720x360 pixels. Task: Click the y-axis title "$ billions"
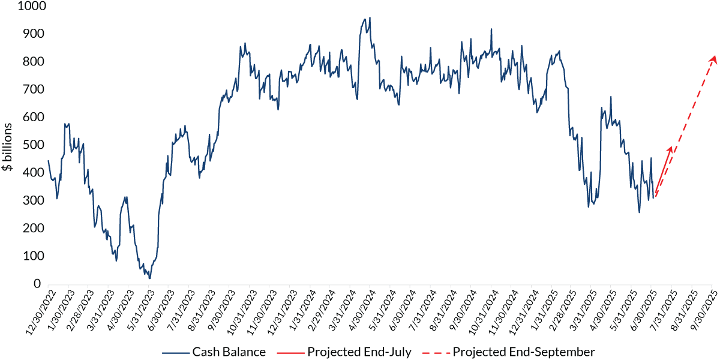click(x=8, y=146)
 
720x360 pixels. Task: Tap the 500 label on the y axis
click(x=29, y=145)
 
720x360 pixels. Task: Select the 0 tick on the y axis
click(x=37, y=284)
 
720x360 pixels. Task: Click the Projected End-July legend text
click(x=359, y=352)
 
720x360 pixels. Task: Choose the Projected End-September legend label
click(x=524, y=352)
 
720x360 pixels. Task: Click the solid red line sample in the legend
click(x=287, y=352)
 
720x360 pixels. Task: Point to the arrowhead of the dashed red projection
click(x=714, y=56)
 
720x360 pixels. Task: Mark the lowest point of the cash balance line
click(x=149, y=278)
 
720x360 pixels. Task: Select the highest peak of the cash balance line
click(x=370, y=17)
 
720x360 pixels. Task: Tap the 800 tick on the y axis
click(x=29, y=62)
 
